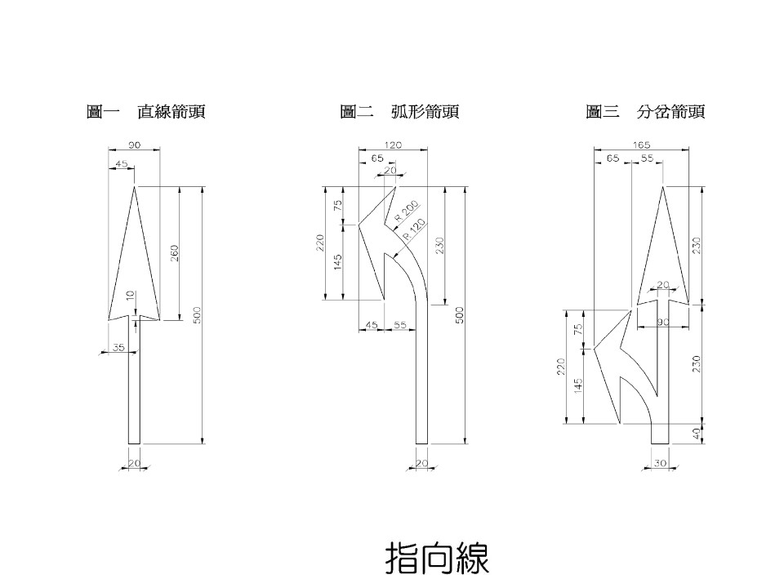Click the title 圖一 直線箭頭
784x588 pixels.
tap(145, 112)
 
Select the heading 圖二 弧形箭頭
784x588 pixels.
tap(399, 112)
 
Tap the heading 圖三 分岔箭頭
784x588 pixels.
tap(644, 112)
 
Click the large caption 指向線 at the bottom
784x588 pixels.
tap(437, 559)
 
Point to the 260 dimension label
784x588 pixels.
tap(174, 253)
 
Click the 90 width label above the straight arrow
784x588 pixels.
tap(135, 145)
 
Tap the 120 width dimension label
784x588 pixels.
tap(394, 145)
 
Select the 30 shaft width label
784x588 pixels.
tap(660, 464)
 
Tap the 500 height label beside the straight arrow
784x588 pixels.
tap(197, 315)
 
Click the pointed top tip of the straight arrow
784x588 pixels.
tap(135, 187)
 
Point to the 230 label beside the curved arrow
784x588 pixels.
tap(439, 244)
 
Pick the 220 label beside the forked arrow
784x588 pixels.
tap(560, 367)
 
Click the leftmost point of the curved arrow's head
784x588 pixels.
tap(359, 224)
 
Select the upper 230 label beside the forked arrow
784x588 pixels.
tap(697, 244)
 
